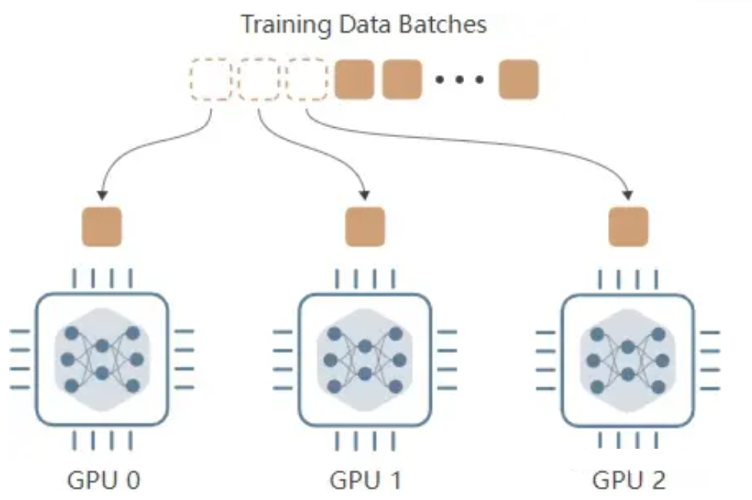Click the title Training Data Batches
[x=364, y=25]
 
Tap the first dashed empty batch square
[x=211, y=80]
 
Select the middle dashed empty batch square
[x=259, y=80]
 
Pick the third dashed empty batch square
[x=307, y=80]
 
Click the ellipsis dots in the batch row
[x=459, y=80]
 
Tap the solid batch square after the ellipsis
[x=518, y=80]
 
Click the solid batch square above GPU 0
[x=102, y=227]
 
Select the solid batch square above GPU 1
[x=365, y=227]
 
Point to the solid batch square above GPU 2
[x=629, y=227]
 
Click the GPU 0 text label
[x=103, y=480]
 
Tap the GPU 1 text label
[x=365, y=480]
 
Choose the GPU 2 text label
[x=629, y=480]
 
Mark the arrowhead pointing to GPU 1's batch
[x=366, y=192]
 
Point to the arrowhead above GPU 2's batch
[x=629, y=192]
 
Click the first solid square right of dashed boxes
[x=355, y=80]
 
